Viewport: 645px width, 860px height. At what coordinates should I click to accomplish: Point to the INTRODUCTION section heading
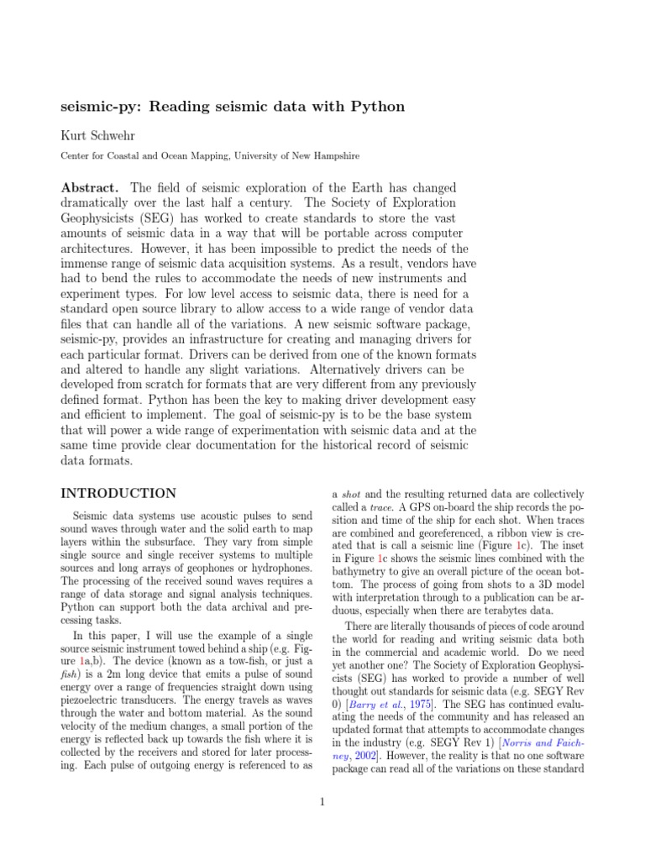[118, 493]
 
